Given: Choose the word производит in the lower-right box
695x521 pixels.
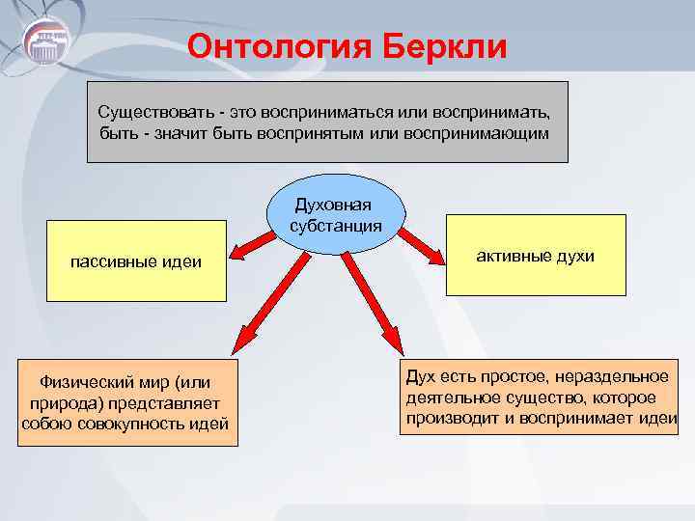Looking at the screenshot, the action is coord(455,417).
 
